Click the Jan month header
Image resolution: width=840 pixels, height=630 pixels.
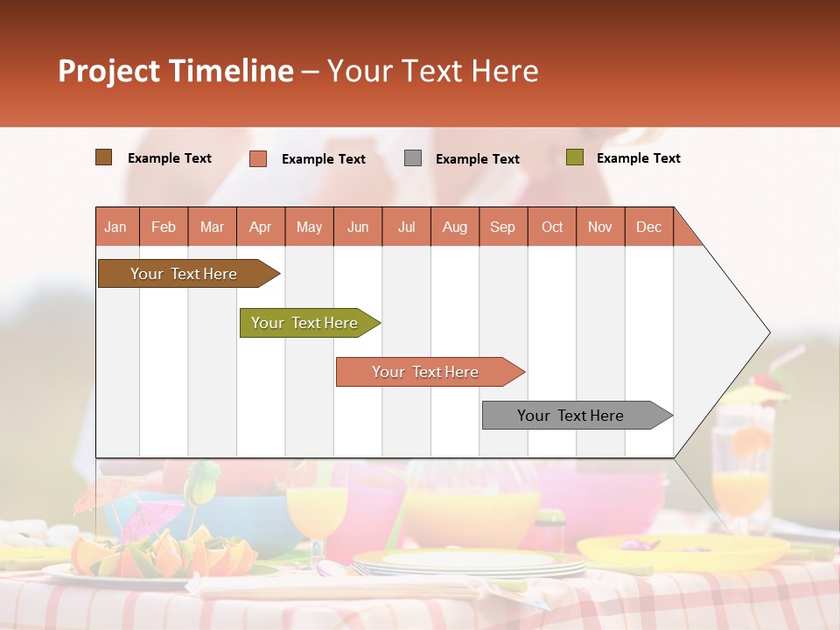tap(115, 227)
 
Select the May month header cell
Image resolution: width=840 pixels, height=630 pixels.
tap(309, 227)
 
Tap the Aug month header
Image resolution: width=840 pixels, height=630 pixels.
tap(454, 227)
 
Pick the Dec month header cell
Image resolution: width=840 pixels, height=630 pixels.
tap(648, 227)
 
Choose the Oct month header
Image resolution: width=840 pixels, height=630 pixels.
tap(551, 227)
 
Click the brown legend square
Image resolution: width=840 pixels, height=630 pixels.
tap(104, 157)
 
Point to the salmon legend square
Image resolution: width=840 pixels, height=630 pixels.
tap(258, 158)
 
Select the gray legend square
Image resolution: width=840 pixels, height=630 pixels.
tap(413, 158)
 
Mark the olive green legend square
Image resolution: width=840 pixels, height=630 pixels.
tap(574, 157)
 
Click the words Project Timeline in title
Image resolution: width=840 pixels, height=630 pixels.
tap(176, 71)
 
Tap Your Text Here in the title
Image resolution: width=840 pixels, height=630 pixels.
tap(433, 71)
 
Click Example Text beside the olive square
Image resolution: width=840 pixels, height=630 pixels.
tap(638, 158)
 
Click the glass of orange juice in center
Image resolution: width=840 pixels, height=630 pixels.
tap(317, 516)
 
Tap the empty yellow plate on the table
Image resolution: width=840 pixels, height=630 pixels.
tap(682, 551)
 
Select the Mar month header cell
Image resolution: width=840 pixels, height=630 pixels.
tap(212, 227)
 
